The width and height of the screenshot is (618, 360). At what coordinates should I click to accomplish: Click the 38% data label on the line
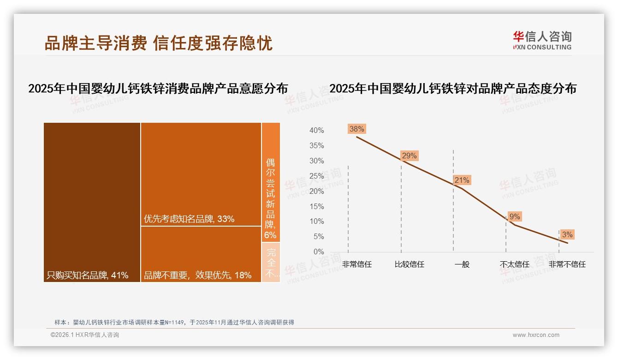click(357, 129)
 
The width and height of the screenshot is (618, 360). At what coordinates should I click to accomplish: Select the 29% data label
click(409, 156)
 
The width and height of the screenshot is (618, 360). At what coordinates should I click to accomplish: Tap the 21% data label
click(462, 180)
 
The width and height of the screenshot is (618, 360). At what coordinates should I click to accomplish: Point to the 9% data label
click(515, 216)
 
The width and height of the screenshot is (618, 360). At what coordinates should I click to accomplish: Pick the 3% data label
click(567, 234)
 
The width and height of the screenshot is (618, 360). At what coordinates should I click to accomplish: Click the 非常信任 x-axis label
click(357, 264)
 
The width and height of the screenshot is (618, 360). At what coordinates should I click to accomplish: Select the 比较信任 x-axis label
click(410, 264)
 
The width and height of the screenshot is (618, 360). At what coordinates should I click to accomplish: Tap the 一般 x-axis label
click(462, 264)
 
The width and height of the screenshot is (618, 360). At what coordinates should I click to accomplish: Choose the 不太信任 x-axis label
click(515, 264)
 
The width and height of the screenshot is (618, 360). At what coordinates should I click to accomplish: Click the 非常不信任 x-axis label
click(567, 264)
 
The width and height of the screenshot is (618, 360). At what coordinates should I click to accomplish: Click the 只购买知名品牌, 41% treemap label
click(88, 276)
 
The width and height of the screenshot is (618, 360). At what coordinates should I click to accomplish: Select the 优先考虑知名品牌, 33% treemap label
click(189, 219)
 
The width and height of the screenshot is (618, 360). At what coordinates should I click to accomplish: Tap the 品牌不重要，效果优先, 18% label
click(198, 276)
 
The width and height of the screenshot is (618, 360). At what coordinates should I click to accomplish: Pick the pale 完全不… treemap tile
click(271, 263)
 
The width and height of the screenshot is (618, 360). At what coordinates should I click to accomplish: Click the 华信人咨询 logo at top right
click(542, 41)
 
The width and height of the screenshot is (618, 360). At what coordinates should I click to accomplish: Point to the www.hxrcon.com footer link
click(536, 335)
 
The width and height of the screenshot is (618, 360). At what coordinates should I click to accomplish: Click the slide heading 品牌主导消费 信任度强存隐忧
click(158, 43)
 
